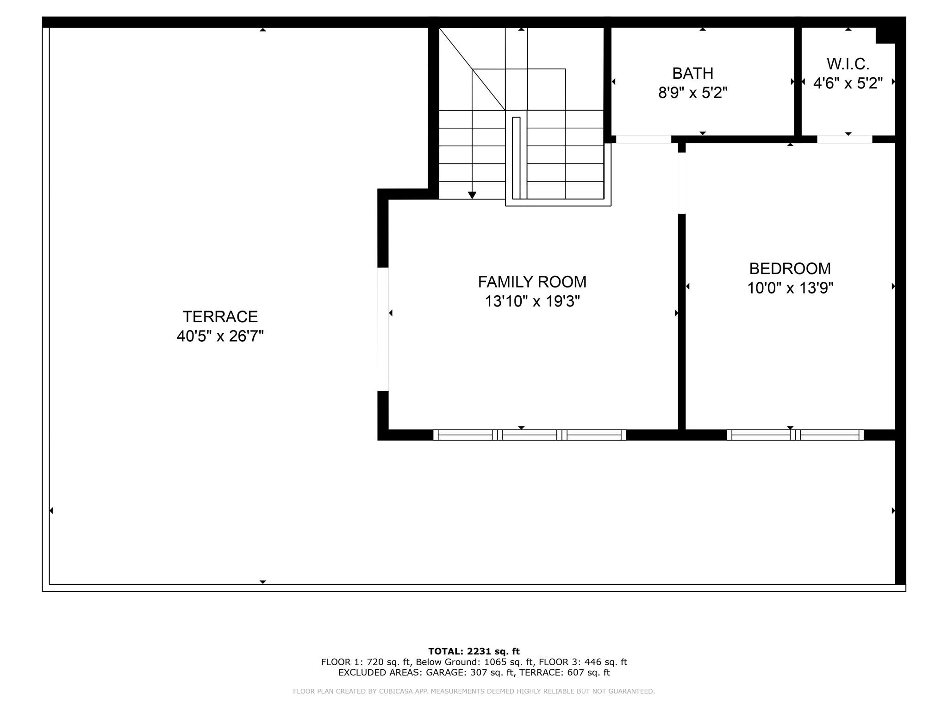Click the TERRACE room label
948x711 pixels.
tap(220, 317)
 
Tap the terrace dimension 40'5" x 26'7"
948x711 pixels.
tap(220, 336)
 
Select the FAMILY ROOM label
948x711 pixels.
tap(532, 281)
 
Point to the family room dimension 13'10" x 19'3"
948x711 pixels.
tap(532, 301)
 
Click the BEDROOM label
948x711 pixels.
tap(790, 268)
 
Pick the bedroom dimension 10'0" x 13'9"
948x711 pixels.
tap(790, 288)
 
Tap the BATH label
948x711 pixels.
tap(693, 73)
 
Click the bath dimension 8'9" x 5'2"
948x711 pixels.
tap(693, 93)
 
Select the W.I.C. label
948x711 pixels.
tap(848, 63)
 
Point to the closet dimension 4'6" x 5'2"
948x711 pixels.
tap(848, 83)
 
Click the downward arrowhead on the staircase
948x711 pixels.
tap(472, 195)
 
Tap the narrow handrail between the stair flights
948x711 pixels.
tap(516, 158)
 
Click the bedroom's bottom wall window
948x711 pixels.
tap(795, 435)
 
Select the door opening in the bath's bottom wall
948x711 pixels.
tap(643, 139)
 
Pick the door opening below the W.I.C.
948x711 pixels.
tap(844, 139)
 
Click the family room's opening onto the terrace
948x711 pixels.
tap(383, 329)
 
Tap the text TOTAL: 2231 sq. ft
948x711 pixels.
tap(474, 651)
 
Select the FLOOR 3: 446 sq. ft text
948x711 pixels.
tap(583, 662)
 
